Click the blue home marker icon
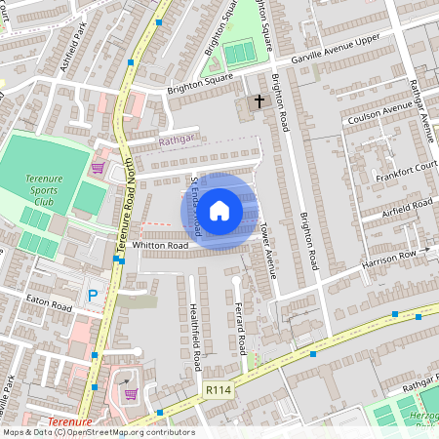pos(219,210)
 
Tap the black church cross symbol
pos(260,100)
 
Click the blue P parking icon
pos(94,295)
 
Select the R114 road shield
pos(218,388)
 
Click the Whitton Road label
pos(160,246)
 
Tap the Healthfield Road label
pos(195,336)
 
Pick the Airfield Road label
pos(408,207)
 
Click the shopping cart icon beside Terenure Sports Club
pos(98,168)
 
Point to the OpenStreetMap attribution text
pos(98,432)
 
